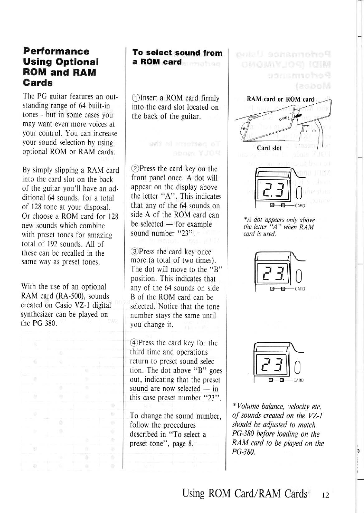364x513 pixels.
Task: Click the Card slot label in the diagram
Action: [x=269, y=147]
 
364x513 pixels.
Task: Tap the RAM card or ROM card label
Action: [x=280, y=99]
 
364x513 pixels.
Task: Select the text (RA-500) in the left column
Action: [x=72, y=296]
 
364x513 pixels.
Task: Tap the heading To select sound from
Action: [x=177, y=53]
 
